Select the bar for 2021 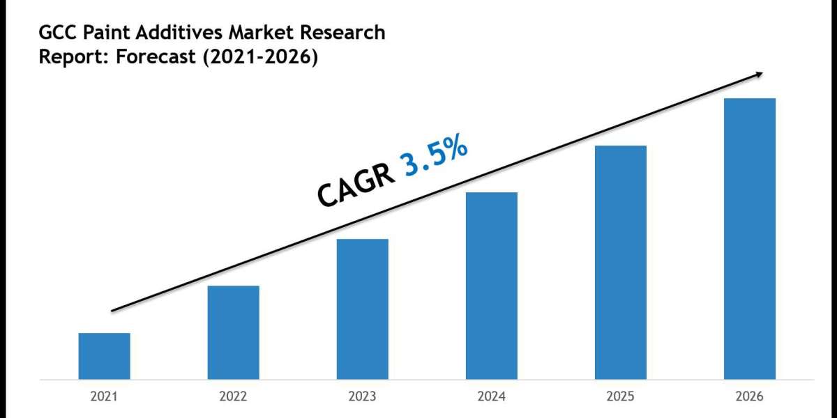104,356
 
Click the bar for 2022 233,332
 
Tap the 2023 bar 362,309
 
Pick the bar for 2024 491,286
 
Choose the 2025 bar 620,263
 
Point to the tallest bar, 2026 749,239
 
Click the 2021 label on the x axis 104,397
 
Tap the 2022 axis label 233,397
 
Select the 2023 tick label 362,397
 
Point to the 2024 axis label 491,397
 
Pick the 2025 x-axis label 620,397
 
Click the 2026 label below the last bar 749,397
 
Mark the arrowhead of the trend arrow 759,74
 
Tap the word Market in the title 232,33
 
